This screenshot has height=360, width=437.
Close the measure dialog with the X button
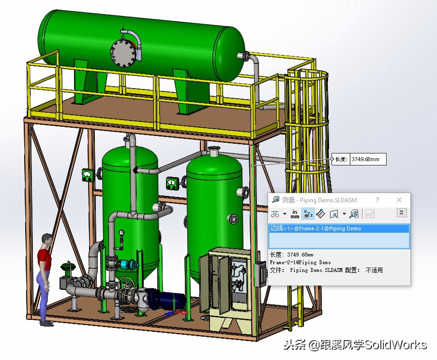click(x=399, y=200)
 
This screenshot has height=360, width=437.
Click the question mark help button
click(x=377, y=200)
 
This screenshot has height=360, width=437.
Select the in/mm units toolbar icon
click(x=295, y=213)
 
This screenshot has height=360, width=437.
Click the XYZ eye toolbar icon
click(x=308, y=213)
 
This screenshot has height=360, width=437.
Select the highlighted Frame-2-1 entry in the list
click(x=315, y=228)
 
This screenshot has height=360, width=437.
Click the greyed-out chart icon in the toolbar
click(x=370, y=213)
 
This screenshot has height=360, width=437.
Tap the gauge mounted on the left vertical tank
click(x=88, y=174)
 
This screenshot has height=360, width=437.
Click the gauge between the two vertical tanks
click(x=172, y=183)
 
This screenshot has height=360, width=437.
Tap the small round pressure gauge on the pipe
click(x=121, y=232)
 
